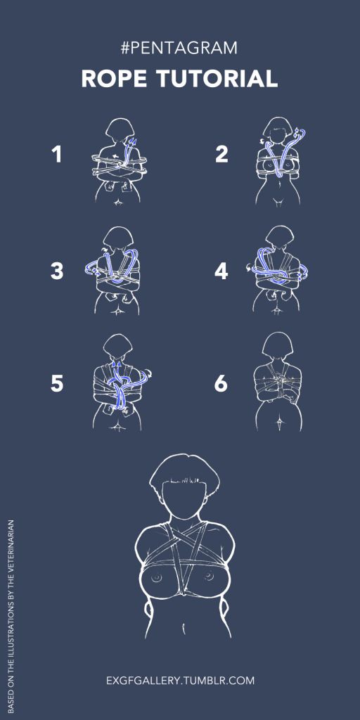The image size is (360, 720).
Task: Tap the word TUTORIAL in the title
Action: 218,79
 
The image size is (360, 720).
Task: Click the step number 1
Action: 56,154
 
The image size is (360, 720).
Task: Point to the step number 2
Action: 221,154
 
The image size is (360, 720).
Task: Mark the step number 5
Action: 56,384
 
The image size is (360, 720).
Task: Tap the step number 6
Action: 221,384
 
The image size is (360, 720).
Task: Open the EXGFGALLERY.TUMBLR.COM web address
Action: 180,680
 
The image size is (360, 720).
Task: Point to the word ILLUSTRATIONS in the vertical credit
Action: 11,624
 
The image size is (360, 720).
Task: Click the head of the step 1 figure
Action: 119,130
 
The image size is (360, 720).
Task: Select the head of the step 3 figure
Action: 119,239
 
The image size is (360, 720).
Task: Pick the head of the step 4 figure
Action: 278,239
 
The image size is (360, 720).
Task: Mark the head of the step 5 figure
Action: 118,347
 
